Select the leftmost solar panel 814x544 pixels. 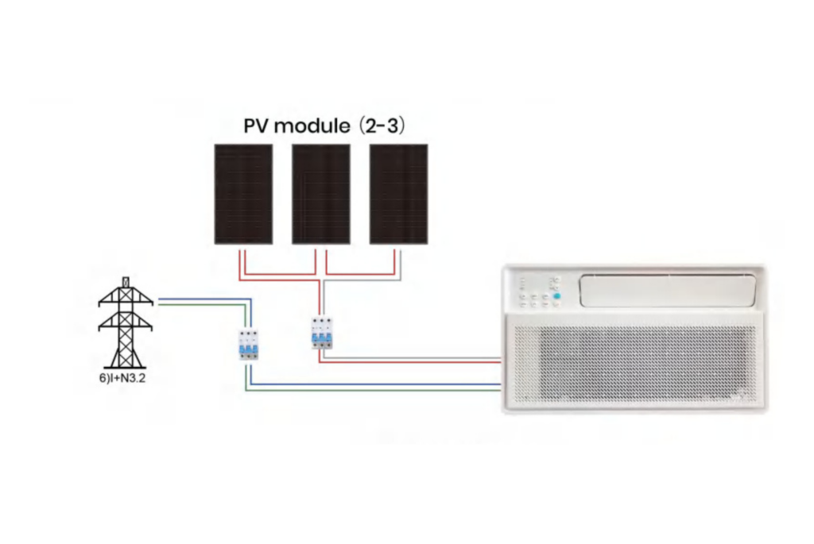243,194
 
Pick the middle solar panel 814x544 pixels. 321,194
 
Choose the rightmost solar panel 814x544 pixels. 398,194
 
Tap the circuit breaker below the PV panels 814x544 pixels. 321,333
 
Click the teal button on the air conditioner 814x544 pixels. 556,297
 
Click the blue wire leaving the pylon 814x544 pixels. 199,300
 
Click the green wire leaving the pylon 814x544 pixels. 199,305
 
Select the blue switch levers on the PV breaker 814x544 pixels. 321,338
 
